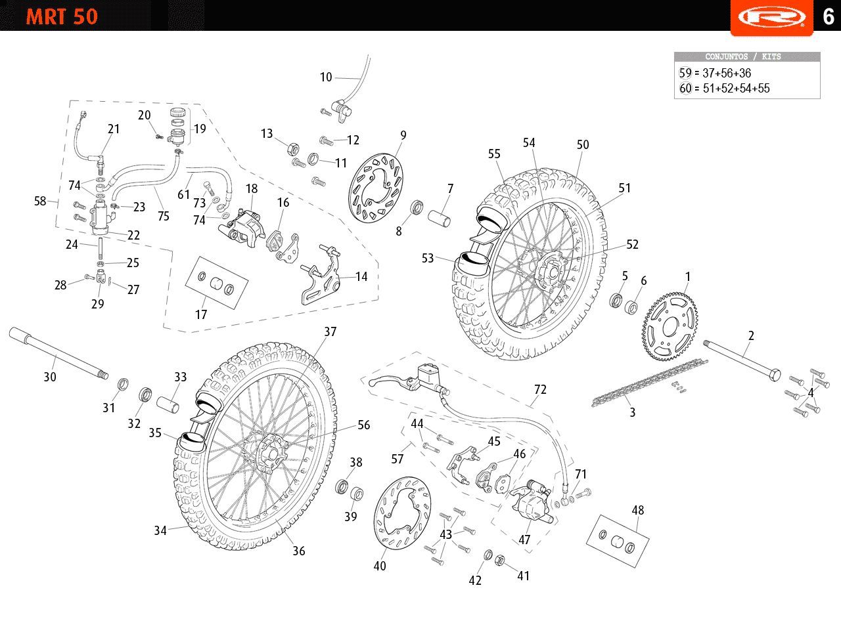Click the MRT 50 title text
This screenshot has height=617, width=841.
pyautogui.click(x=62, y=16)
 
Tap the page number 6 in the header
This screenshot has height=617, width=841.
pyautogui.click(x=828, y=16)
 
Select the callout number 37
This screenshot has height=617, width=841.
pyautogui.click(x=330, y=332)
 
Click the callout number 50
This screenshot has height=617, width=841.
pyautogui.click(x=583, y=145)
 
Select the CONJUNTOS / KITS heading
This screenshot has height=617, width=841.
pyautogui.click(x=747, y=57)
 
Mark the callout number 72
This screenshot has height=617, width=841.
pyautogui.click(x=540, y=390)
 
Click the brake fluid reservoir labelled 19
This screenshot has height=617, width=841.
pyautogui.click(x=177, y=128)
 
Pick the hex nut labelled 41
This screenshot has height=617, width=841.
pyautogui.click(x=499, y=560)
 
